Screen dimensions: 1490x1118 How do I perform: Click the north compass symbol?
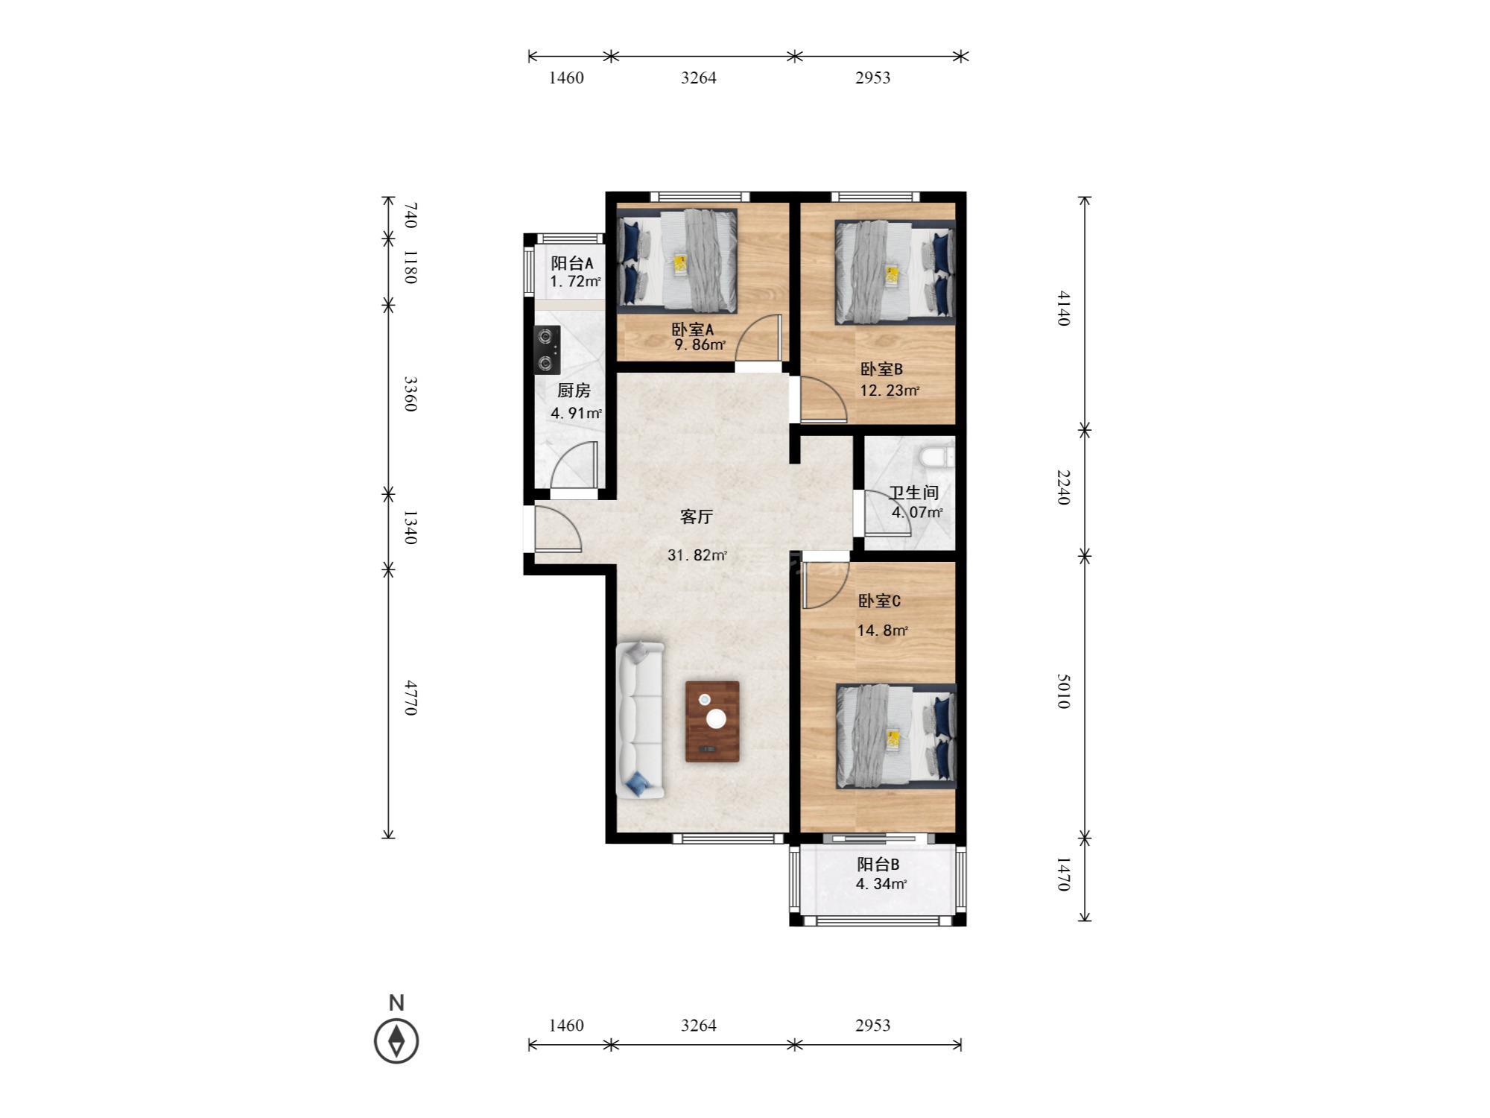pos(396,1040)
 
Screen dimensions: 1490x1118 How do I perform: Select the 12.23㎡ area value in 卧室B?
pos(890,391)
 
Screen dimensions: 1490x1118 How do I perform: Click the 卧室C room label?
pos(880,601)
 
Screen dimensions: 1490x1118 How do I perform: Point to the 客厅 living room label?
pos(697,517)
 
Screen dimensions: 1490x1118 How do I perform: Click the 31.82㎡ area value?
pos(697,555)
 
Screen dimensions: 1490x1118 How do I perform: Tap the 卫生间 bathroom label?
pos(913,493)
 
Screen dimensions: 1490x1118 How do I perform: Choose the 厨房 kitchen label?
pos(574,391)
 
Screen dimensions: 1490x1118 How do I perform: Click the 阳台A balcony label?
pos(572,263)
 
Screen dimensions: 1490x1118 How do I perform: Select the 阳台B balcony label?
pos(878,865)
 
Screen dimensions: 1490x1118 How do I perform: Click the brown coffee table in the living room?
pos(712,721)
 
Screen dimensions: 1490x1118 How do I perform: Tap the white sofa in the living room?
pos(640,720)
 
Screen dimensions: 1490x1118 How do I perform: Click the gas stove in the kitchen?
pos(548,350)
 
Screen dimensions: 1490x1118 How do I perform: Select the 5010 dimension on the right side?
pos(1063,691)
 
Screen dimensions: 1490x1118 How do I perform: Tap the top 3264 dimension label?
pos(699,78)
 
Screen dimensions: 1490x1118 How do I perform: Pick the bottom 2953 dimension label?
pos(872,1026)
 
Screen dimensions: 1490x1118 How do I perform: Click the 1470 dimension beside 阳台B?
pos(1063,874)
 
